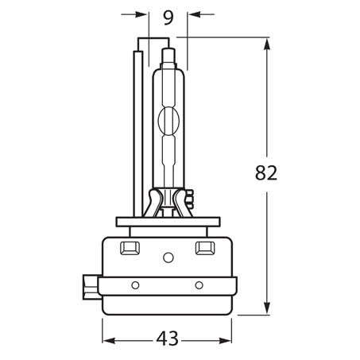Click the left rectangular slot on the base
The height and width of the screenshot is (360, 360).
tap(130, 249)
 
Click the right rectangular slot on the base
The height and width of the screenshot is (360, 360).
tap(204, 249)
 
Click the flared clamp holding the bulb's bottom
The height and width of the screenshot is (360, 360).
tap(168, 200)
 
